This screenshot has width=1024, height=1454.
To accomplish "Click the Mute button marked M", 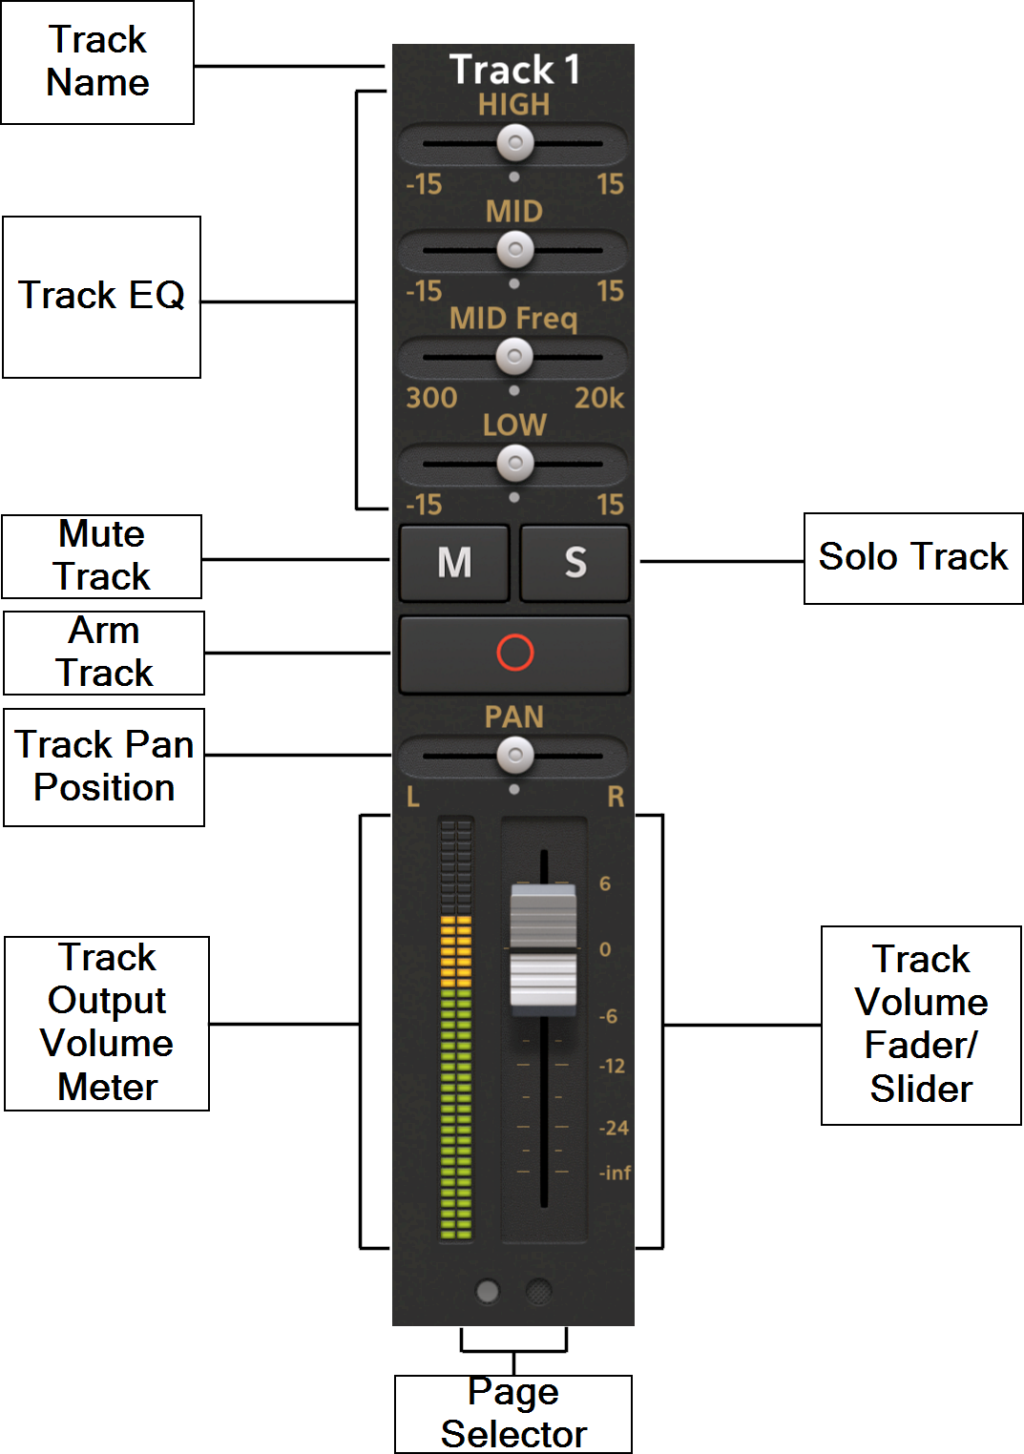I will pos(454,562).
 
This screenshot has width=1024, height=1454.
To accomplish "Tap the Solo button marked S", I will pos(575,562).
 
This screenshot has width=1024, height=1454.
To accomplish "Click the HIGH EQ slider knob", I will pos(515,144).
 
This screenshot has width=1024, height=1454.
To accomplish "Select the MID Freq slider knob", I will pos(515,358).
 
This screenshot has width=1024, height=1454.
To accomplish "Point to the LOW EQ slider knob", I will pos(515,465).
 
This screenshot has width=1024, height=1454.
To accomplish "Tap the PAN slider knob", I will pos(515,756).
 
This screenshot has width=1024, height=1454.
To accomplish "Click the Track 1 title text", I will pos(514,70).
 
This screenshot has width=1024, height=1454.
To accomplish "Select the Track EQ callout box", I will pos(102,297).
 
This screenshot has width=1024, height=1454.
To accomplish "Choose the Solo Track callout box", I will pos(913,558).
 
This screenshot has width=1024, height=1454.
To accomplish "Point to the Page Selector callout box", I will pos(513,1414).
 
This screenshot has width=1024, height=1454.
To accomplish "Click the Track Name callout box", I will pos(97,62).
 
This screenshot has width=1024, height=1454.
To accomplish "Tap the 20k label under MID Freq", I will pos(599,398).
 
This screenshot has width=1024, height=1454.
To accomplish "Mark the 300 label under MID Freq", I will pos(431,398).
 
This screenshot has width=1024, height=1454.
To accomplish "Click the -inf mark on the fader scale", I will pos(616,1173).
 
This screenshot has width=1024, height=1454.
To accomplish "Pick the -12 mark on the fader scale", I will pos(612,1066).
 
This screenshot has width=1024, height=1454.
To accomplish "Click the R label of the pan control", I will pos(616,797).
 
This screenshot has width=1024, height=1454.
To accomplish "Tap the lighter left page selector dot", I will pos(488,1292).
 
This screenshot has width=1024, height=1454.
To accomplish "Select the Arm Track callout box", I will pos(104,653).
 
